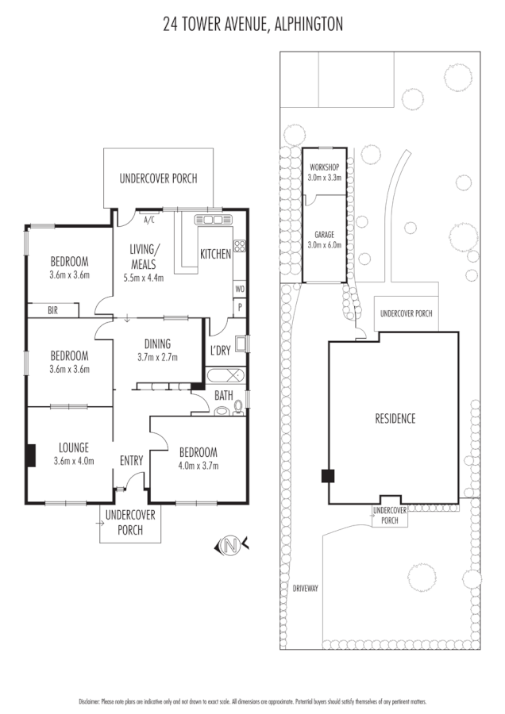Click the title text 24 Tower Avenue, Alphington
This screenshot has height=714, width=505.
pos(252,25)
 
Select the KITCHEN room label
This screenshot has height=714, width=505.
pos(215,255)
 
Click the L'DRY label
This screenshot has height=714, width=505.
pos(219,351)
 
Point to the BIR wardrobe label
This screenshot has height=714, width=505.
pos(53,311)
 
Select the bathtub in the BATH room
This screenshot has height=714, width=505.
pos(226,375)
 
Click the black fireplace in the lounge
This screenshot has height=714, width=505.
pos(31,455)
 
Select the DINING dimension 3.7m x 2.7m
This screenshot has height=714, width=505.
pos(157,358)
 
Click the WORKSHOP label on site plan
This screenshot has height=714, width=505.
pos(324,168)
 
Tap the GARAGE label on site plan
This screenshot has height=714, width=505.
pos(324,236)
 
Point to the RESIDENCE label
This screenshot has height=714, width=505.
pos(395,419)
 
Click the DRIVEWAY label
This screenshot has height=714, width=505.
pos(305,589)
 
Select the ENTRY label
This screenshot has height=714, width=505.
pos(131,461)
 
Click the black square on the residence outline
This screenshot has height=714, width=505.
pos(327,476)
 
